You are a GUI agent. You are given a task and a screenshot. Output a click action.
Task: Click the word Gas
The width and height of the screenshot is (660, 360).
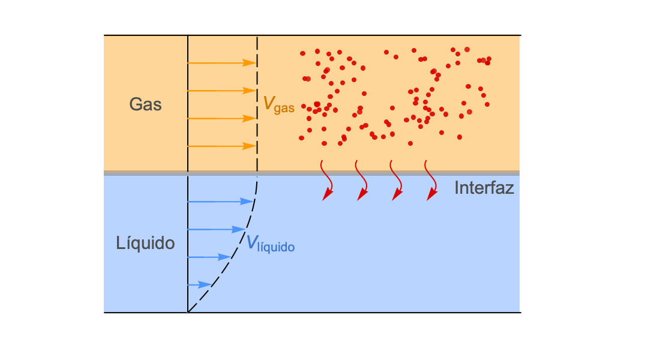pyautogui.click(x=145, y=104)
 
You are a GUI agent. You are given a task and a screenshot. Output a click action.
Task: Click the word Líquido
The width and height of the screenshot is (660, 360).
pyautogui.click(x=145, y=244)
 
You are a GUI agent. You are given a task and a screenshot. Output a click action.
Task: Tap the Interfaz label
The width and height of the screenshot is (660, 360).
pyautogui.click(x=484, y=188)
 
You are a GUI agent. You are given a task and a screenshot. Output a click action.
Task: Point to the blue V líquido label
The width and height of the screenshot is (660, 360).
pyautogui.click(x=270, y=244)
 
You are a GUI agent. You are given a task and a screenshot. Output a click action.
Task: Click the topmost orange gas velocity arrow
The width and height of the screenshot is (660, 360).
pyautogui.click(x=222, y=63)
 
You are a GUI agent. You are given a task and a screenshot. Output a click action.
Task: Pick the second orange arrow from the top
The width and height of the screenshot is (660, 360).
pyautogui.click(x=222, y=91)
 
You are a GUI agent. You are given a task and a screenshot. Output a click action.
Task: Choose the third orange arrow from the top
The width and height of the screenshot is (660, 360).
pyautogui.click(x=222, y=119)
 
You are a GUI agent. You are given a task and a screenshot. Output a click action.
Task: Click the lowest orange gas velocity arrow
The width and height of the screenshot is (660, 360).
pyautogui.click(x=222, y=146)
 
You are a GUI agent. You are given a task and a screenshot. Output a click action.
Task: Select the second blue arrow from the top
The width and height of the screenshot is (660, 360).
pyautogui.click(x=217, y=229)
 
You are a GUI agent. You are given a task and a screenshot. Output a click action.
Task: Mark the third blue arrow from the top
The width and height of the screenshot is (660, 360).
pyautogui.click(x=209, y=257)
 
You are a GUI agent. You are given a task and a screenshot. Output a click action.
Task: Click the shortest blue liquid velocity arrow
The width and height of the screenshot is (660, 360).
pyautogui.click(x=199, y=284)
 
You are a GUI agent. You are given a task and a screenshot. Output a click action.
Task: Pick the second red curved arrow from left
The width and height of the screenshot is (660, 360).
pyautogui.click(x=364, y=179)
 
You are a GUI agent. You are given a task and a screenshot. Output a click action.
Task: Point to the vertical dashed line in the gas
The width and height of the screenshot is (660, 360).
pyautogui.click(x=257, y=104)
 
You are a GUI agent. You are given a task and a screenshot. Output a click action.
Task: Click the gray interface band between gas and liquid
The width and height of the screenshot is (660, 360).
pyautogui.click(x=311, y=173)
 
